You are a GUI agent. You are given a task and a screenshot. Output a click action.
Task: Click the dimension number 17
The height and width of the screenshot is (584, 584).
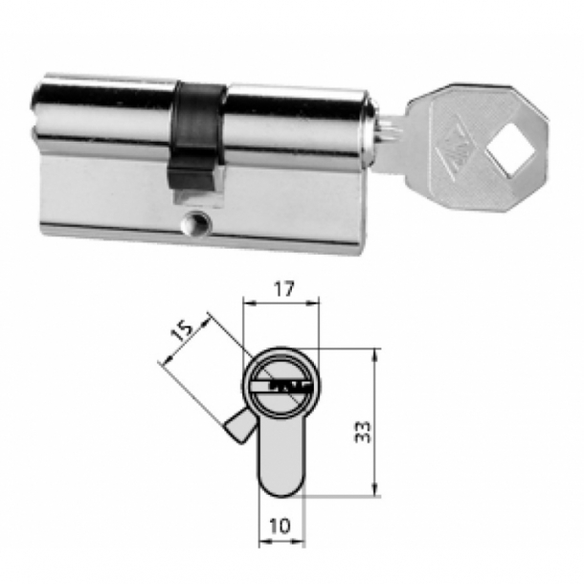(x=281, y=286)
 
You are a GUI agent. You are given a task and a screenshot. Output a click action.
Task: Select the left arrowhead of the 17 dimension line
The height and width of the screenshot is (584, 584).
(x=251, y=302)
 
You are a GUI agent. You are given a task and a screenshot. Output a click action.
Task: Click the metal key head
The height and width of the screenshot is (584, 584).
(x=479, y=144)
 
